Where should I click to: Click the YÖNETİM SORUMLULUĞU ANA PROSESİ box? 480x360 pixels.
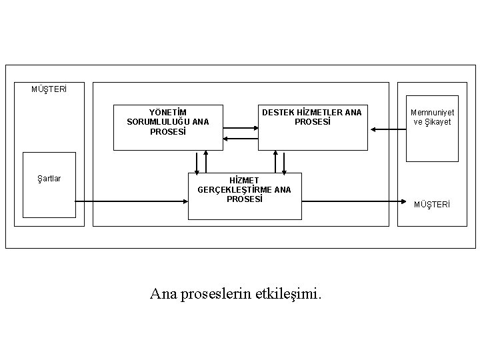tap(168, 127)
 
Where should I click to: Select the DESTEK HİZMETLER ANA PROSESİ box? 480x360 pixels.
tap(311, 127)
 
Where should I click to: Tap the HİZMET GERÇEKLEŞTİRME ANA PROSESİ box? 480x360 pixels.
tap(244, 195)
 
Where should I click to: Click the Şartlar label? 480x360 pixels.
tap(49, 179)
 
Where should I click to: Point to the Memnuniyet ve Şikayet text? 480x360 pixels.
tap(432, 117)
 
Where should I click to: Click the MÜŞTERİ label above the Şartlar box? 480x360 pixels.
tap(49, 89)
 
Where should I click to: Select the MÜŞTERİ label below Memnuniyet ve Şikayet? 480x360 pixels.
tap(432, 203)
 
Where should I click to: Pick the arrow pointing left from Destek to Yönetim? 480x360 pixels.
tap(240, 138)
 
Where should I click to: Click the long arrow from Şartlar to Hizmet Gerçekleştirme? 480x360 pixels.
tap(130, 200)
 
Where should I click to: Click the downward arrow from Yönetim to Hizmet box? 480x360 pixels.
tap(197, 161)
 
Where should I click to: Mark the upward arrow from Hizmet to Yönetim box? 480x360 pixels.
tap(206, 161)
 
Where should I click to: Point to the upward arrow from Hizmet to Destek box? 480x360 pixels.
tap(275, 161)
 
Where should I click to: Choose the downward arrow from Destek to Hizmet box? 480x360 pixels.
tap(284, 161)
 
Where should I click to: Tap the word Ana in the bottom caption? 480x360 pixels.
tap(163, 293)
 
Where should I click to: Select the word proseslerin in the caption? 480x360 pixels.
tap(215, 293)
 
